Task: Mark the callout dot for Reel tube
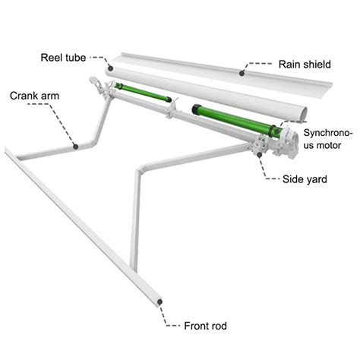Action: (x=111, y=67)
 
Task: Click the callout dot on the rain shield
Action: (x=243, y=73)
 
